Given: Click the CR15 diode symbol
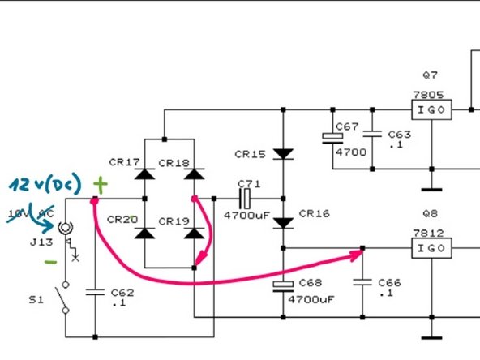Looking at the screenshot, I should [x=282, y=153].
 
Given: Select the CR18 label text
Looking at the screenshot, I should [x=174, y=163].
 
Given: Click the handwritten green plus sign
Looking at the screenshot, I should [x=99, y=185].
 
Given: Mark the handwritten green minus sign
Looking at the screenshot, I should [x=51, y=263].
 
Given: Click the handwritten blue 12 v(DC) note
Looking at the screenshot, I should [x=45, y=184].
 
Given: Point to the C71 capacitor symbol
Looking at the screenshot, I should [x=244, y=199].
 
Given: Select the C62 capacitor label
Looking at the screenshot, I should [x=118, y=294].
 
